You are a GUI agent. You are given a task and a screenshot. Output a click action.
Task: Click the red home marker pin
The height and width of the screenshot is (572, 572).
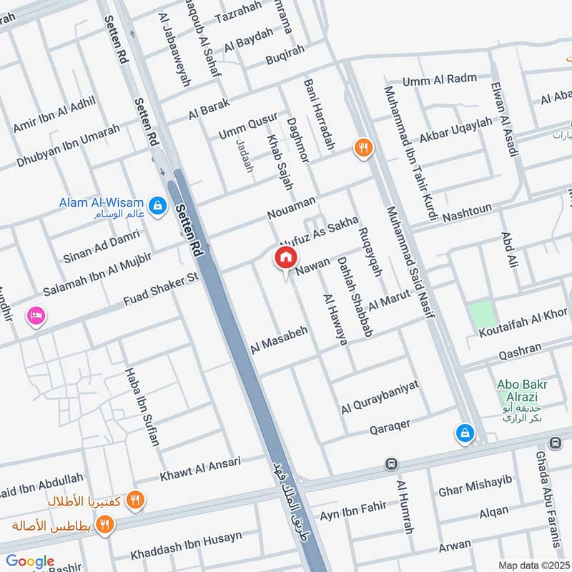pyautogui.click(x=285, y=258)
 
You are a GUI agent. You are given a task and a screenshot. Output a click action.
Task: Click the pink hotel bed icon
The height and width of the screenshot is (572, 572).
pyautogui.click(x=34, y=315)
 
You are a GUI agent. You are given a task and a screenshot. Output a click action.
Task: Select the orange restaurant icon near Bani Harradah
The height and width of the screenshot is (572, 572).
pyautogui.click(x=363, y=148)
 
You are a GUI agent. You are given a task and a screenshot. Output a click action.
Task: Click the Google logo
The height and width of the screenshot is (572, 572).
pyautogui.click(x=30, y=562)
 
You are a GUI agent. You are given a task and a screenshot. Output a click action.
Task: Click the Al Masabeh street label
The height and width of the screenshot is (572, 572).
pyautogui.click(x=279, y=338)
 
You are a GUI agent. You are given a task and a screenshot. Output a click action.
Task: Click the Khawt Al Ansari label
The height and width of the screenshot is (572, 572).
pyautogui.click(x=201, y=468)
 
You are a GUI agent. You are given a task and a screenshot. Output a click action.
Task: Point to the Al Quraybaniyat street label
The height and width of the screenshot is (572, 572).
pyautogui.click(x=380, y=397)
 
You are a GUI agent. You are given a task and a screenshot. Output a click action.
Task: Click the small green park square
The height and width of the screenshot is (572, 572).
pyautogui.click(x=482, y=315)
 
